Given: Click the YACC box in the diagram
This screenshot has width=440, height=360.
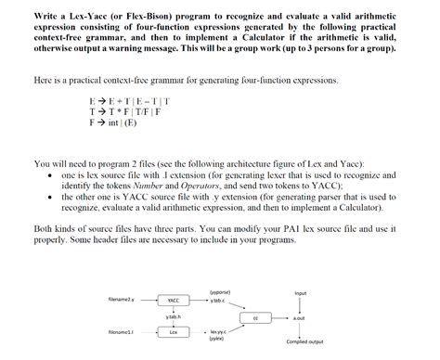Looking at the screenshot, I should [174, 302].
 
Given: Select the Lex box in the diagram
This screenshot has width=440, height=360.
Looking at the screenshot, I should [174, 332].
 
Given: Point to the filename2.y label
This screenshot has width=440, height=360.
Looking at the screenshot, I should [122, 301].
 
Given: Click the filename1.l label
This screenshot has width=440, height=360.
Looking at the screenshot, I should [122, 331].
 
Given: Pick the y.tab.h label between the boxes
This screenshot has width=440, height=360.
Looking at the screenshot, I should [174, 317].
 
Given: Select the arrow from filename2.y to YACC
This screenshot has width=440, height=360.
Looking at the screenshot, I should [149, 302].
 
